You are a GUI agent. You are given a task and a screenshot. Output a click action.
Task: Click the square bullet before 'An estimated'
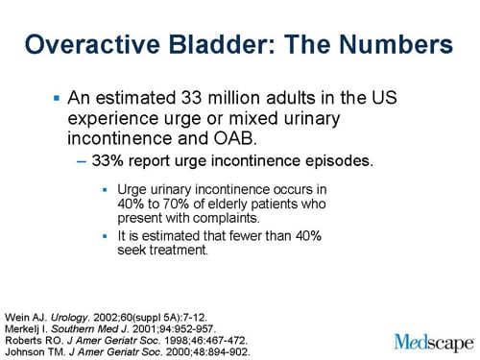pos(57,99)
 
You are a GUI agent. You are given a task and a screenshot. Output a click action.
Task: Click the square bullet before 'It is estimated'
pos(107,236)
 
